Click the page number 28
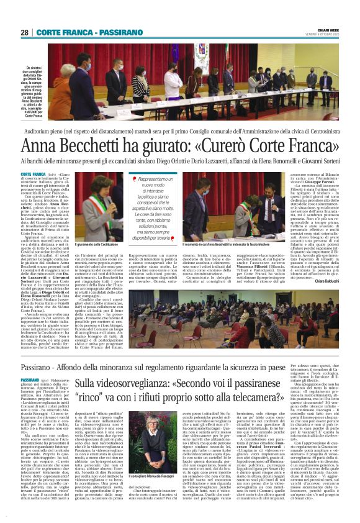24,32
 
